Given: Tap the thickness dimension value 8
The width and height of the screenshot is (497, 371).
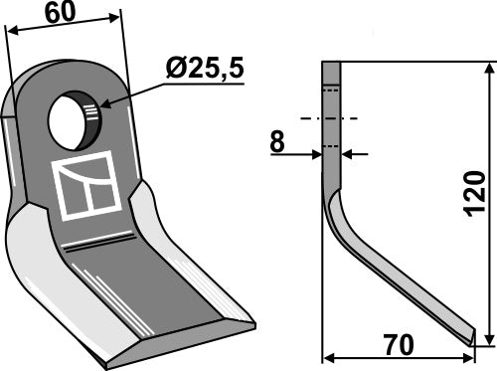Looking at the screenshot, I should click(277, 142).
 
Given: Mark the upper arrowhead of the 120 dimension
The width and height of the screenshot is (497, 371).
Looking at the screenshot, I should click(489, 68).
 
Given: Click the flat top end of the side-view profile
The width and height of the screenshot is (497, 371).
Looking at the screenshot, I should click(331, 63).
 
